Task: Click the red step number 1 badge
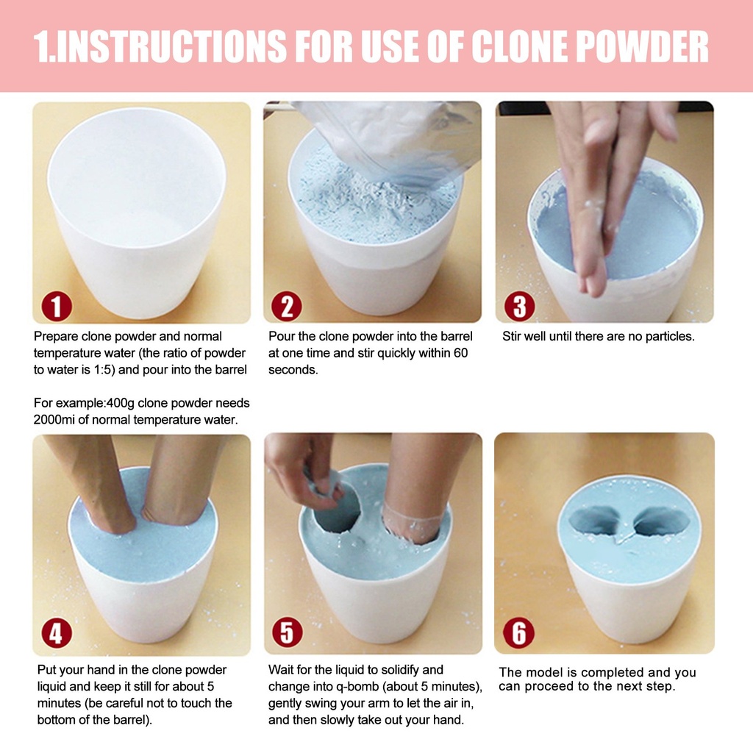click(x=57, y=307)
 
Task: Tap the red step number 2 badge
click(x=287, y=307)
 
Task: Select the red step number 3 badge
click(x=520, y=307)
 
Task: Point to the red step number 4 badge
click(x=57, y=633)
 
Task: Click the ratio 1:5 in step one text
click(x=103, y=370)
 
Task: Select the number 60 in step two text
click(x=460, y=353)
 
